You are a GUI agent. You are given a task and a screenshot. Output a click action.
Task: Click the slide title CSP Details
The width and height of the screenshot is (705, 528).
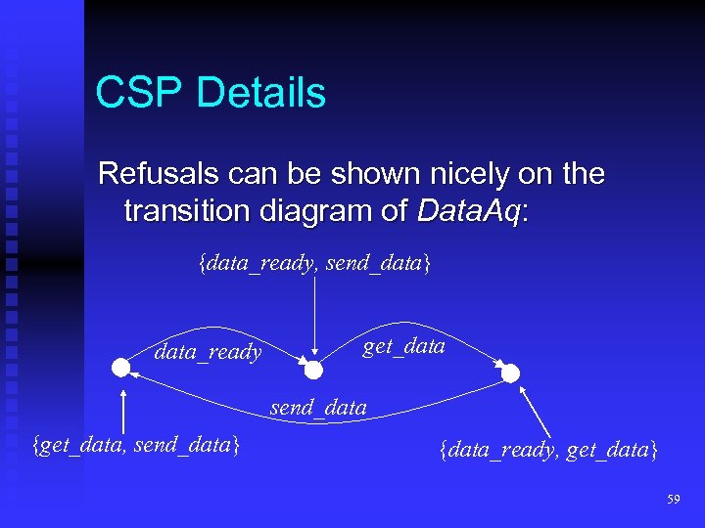coord(211,93)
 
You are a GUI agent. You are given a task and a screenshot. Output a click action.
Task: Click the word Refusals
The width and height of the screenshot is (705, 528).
coord(156,175)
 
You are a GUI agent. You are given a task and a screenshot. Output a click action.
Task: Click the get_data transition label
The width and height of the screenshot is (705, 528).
coord(403,345)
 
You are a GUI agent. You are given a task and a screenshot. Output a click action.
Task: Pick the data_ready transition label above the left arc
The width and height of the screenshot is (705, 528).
coord(208,352)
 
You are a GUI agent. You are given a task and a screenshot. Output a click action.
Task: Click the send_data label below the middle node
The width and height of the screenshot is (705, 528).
coord(318,407)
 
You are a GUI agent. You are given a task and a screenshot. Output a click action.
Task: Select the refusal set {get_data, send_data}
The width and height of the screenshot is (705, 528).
coord(136,446)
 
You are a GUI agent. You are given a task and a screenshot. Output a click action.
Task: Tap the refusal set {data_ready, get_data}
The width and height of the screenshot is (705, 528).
coord(548,450)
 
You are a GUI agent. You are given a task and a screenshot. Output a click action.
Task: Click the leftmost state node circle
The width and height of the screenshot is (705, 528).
coord(120,368)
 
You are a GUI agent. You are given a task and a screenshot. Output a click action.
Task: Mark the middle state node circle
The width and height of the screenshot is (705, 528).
coord(313,370)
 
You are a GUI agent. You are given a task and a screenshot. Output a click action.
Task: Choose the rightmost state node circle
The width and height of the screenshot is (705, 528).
coord(510,373)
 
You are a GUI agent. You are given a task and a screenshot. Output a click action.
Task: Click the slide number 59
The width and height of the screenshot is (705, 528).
coord(673,500)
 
